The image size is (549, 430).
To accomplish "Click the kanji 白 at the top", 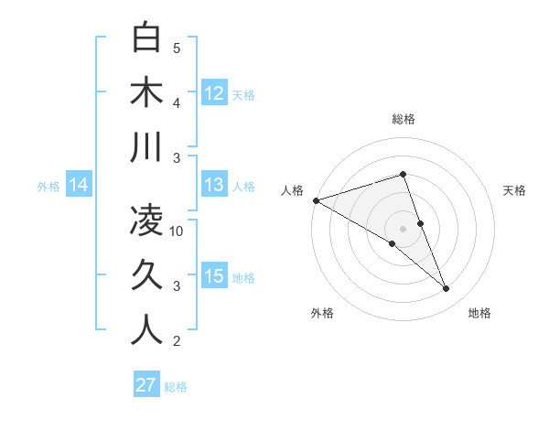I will pyautogui.click(x=147, y=38).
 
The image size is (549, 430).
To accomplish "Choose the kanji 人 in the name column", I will pyautogui.click(x=147, y=330).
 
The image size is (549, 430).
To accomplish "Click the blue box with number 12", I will pyautogui.click(x=214, y=93).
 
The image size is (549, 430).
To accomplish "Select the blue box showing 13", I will pyautogui.click(x=214, y=186).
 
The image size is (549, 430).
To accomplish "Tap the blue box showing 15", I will pyautogui.click(x=214, y=277).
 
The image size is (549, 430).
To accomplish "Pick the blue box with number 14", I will pyautogui.click(x=79, y=186).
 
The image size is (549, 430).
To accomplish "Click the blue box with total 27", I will pyautogui.click(x=146, y=385).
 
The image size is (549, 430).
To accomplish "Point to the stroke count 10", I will pyautogui.click(x=177, y=231).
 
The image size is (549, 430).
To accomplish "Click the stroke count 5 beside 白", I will pyautogui.click(x=177, y=48).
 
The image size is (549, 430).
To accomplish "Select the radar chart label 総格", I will pyautogui.click(x=403, y=119).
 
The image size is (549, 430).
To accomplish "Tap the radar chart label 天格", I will pyautogui.click(x=514, y=190).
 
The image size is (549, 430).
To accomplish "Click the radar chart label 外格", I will pyautogui.click(x=321, y=313).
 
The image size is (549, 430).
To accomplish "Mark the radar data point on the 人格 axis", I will pyautogui.click(x=316, y=200).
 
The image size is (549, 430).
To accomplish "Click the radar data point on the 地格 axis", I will pyautogui.click(x=447, y=289).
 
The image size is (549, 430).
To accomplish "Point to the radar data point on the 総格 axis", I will pyautogui.click(x=403, y=174).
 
